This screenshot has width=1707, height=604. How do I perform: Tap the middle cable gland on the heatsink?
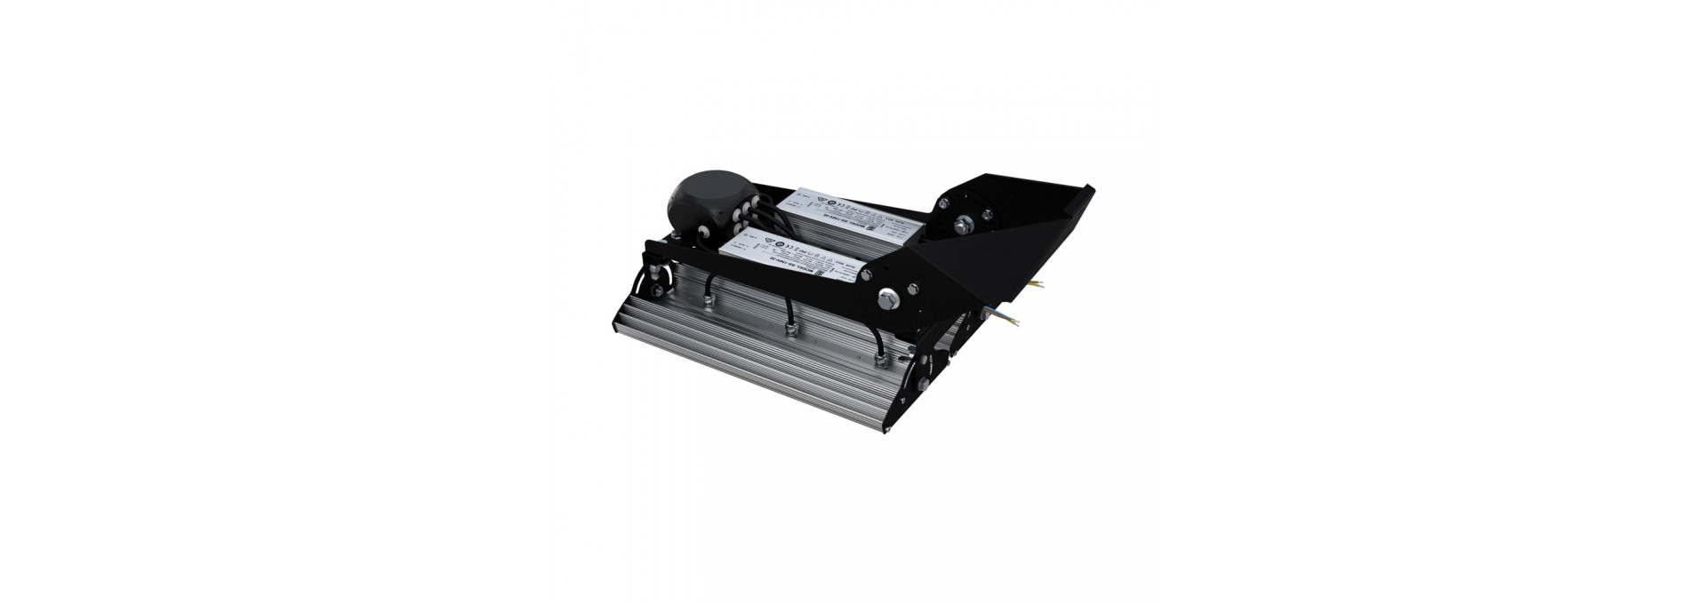coord(787,331)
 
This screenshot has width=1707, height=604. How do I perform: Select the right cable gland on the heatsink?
coord(881,360)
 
